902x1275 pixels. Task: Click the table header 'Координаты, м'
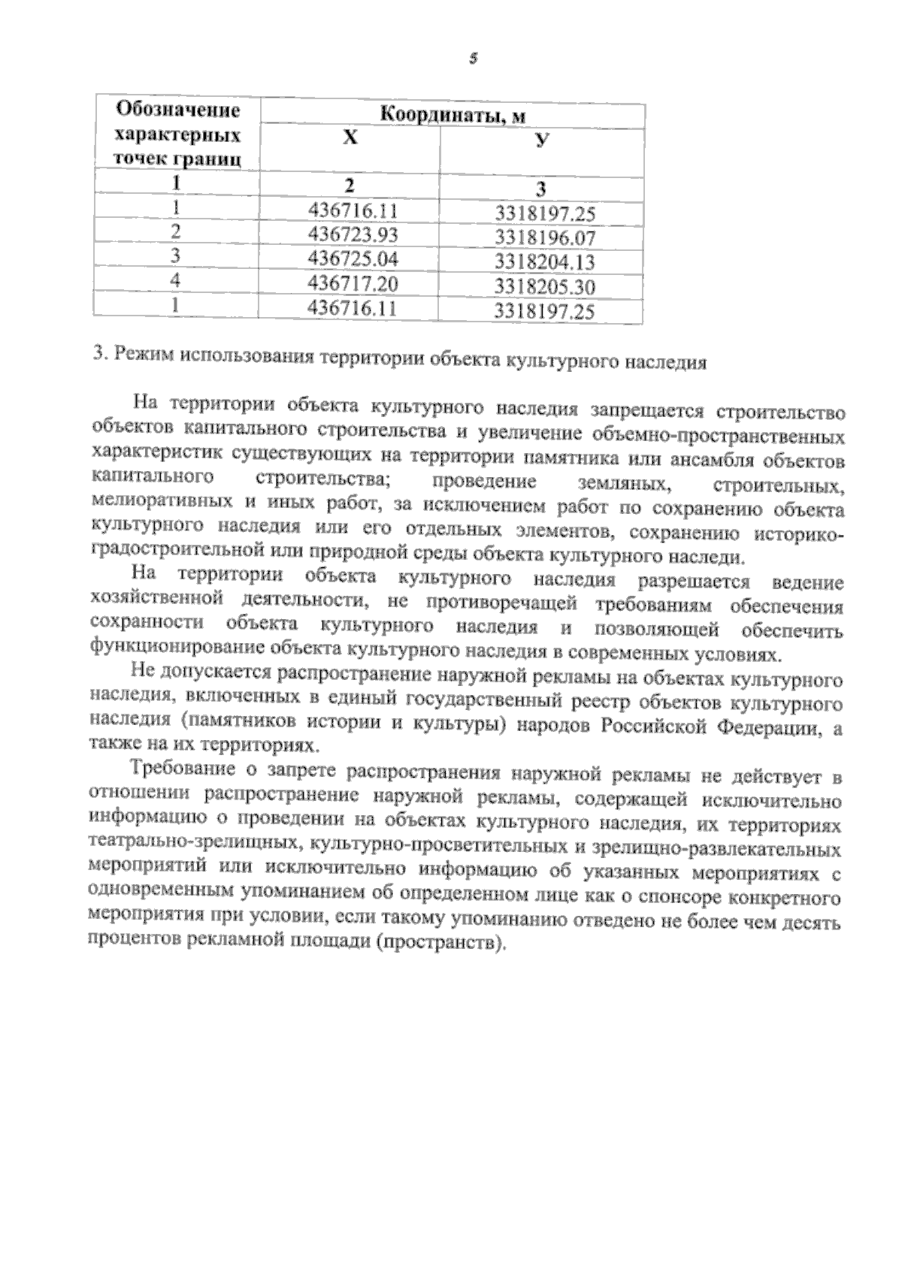point(452,116)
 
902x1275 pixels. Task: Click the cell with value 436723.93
point(353,234)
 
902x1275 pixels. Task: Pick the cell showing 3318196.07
point(545,239)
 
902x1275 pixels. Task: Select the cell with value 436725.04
point(353,259)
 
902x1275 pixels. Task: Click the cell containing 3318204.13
point(545,263)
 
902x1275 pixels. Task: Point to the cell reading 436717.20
point(353,283)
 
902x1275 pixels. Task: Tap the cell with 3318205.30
point(545,287)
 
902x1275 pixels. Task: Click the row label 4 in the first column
point(176,280)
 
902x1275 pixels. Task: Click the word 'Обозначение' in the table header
point(177,111)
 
